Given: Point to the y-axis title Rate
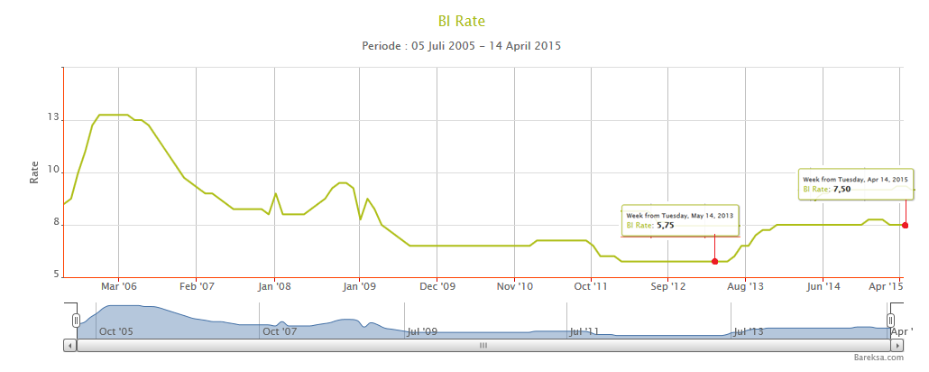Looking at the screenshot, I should (34, 172).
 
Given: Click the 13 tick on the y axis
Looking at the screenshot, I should (53, 119).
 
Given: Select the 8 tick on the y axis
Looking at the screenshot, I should (54, 224).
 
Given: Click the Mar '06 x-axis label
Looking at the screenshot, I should (119, 286).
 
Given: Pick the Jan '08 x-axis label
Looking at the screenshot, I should (274, 286).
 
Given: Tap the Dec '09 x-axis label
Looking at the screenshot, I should (437, 286).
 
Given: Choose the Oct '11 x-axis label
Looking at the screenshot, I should (592, 286).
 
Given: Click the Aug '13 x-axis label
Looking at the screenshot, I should (745, 286).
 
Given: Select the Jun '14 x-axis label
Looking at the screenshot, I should (823, 286).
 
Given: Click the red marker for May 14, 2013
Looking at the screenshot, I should (714, 262).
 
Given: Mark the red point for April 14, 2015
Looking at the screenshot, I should (905, 226).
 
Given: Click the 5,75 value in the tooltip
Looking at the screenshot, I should (665, 226).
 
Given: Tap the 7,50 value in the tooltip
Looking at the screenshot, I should (842, 189).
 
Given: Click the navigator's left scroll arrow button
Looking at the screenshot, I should (69, 345).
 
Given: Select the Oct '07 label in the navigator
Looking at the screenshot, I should (279, 331).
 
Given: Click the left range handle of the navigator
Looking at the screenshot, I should (76, 320).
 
